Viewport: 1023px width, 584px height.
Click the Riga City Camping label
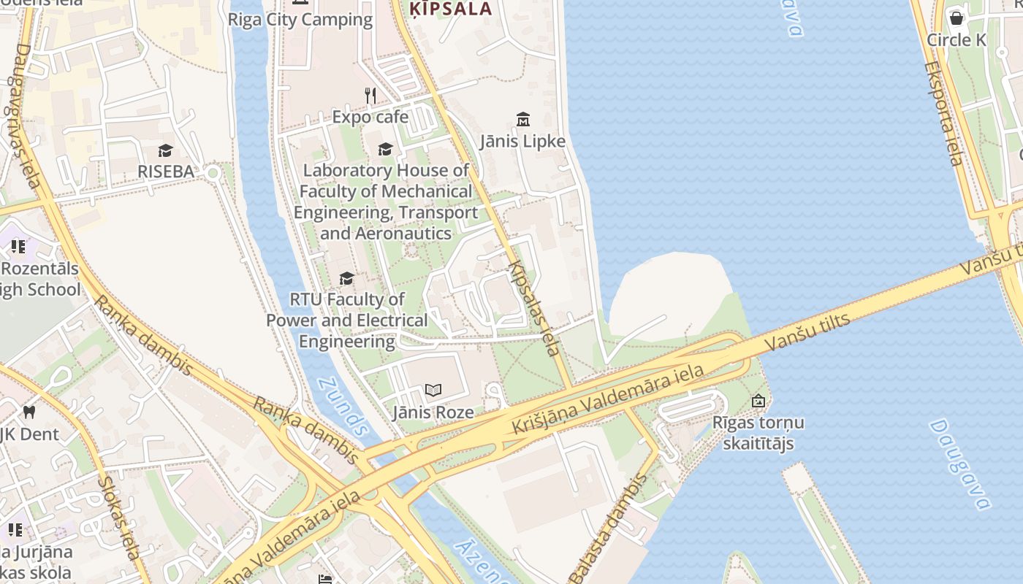click(300, 20)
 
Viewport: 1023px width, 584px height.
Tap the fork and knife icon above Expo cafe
click(370, 96)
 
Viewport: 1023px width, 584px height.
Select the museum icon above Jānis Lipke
click(523, 119)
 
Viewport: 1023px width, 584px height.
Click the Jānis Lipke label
click(523, 141)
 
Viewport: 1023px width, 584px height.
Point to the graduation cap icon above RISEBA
click(166, 150)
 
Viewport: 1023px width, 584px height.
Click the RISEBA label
click(166, 172)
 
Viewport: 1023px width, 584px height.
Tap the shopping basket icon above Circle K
click(956, 18)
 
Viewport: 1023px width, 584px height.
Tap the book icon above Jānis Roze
click(433, 391)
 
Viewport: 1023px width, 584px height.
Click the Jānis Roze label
click(433, 412)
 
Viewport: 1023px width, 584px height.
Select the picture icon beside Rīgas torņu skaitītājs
click(758, 401)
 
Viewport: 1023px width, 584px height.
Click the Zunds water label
click(341, 407)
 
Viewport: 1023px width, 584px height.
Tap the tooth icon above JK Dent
click(29, 412)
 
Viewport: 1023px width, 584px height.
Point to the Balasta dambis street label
click(609, 527)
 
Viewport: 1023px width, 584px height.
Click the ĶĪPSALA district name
click(450, 9)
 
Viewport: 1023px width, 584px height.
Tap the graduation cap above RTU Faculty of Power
click(346, 279)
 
